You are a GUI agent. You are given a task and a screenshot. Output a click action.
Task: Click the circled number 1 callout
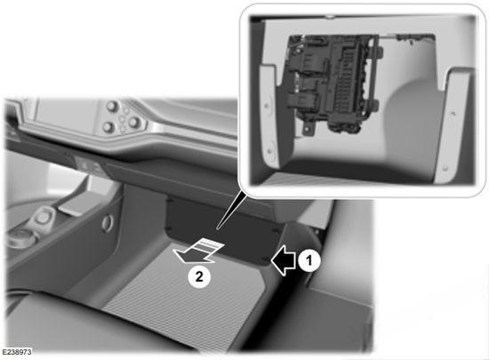(x=309, y=260)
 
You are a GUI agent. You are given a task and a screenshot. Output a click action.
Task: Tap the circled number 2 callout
(x=199, y=276)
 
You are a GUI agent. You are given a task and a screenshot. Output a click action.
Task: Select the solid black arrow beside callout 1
(x=283, y=260)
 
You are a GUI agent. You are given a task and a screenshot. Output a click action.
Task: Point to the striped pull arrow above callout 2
(x=198, y=251)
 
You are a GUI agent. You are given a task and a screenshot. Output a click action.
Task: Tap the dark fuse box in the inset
(x=333, y=84)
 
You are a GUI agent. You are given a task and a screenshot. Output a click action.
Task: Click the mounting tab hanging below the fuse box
(x=309, y=129)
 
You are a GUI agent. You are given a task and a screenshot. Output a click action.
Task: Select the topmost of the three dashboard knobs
(x=112, y=107)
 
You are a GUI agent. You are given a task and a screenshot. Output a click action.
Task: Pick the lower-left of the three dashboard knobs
(x=108, y=127)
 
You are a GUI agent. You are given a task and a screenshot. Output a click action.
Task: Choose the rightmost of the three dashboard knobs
(x=134, y=122)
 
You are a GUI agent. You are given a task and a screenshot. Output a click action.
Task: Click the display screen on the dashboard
(x=67, y=115)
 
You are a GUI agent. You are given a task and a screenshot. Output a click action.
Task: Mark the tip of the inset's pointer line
(x=217, y=229)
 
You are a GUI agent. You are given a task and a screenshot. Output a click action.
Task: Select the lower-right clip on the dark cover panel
(x=265, y=259)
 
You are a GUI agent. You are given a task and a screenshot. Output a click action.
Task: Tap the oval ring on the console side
(x=107, y=223)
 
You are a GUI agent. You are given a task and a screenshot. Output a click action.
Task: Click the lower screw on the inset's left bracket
(x=269, y=151)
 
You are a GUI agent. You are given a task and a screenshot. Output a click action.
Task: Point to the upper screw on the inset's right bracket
(x=453, y=114)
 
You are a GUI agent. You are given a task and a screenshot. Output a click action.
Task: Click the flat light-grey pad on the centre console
(x=76, y=204)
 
